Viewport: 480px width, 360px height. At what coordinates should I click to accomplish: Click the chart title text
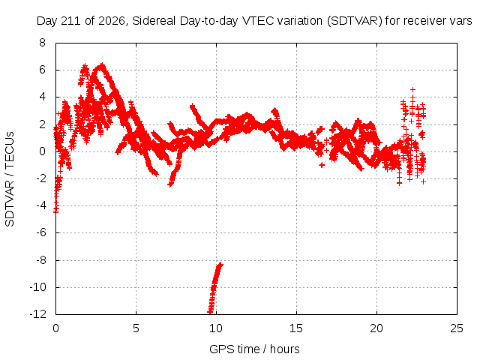pos(254,21)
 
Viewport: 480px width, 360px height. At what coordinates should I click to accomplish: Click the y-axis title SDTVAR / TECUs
pos(10,179)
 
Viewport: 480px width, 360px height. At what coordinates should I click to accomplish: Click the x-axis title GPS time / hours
pos(254,349)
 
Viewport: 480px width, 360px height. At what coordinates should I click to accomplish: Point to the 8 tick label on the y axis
pos(42,43)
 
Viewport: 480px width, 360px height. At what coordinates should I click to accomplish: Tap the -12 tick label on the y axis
pos(38,314)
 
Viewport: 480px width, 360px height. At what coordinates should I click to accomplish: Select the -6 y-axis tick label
pos(40,232)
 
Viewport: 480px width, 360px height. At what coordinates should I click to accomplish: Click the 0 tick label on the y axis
pos(42,151)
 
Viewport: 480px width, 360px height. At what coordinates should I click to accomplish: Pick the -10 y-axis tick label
pos(38,287)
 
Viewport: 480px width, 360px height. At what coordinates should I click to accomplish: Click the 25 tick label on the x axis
pos(457,328)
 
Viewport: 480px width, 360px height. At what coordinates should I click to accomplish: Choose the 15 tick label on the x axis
pos(296,328)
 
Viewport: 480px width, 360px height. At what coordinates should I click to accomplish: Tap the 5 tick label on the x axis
pos(136,328)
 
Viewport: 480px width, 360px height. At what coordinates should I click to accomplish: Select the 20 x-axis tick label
pos(376,328)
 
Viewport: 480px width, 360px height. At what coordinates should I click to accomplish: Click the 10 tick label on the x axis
pos(216,328)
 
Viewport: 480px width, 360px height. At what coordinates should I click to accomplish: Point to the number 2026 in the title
pos(112,21)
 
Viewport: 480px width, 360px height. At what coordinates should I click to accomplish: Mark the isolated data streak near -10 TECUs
pos(214,288)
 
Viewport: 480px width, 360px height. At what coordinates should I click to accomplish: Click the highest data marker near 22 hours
pos(413,90)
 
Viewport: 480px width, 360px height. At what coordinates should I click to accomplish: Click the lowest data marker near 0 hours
pos(55,211)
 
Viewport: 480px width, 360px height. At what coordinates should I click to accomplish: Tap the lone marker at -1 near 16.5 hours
pos(322,165)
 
